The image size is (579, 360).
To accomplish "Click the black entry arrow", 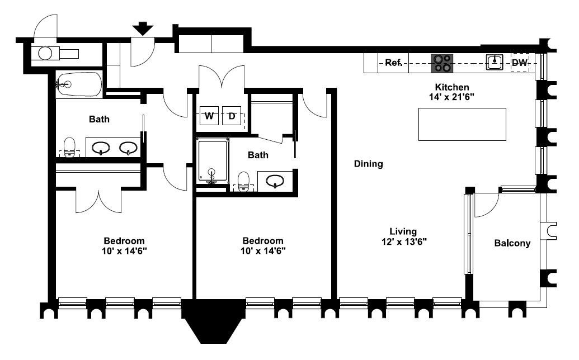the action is pyautogui.click(x=143, y=29).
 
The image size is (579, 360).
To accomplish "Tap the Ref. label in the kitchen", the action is pyautogui.click(x=394, y=63).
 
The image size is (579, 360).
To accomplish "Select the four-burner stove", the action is pyautogui.click(x=442, y=63).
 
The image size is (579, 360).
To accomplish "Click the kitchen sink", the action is pyautogui.click(x=495, y=62).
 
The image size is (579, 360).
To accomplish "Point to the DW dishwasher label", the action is pyautogui.click(x=520, y=63).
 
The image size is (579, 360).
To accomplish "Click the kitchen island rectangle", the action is pyautogui.click(x=462, y=124).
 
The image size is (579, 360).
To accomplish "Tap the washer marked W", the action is pyautogui.click(x=209, y=116).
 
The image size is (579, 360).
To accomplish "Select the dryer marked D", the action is pyautogui.click(x=232, y=116).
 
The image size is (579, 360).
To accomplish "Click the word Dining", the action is pyautogui.click(x=368, y=164).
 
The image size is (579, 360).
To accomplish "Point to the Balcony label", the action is pyautogui.click(x=512, y=243).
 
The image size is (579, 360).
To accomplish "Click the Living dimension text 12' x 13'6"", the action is pyautogui.click(x=404, y=242).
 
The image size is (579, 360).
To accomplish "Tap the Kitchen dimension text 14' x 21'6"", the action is pyautogui.click(x=451, y=97).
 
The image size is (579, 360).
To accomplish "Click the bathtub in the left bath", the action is pyautogui.click(x=79, y=84).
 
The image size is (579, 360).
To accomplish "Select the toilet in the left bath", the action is pyautogui.click(x=69, y=147).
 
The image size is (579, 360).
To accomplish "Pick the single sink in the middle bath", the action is pyautogui.click(x=275, y=181).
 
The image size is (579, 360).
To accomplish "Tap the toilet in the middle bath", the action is pyautogui.click(x=244, y=181).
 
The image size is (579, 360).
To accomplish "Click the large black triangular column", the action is pyautogui.click(x=213, y=320).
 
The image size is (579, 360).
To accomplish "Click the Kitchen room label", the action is pyautogui.click(x=452, y=87).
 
